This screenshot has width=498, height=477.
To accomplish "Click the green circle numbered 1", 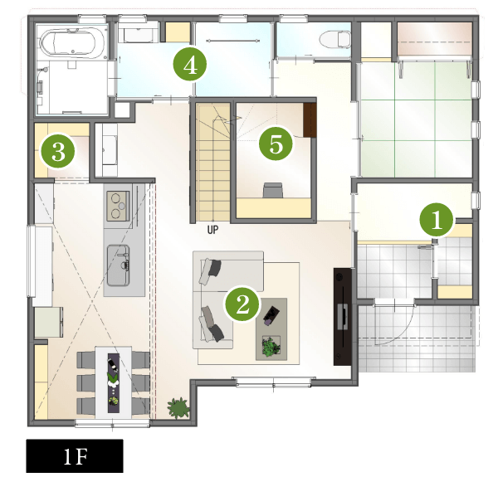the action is click(x=437, y=220).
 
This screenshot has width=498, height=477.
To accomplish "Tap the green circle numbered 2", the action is click(x=242, y=304).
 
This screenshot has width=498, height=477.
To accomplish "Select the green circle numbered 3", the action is click(x=58, y=151).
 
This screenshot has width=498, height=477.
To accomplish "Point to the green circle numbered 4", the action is click(x=190, y=65).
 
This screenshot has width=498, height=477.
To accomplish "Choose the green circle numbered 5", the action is click(x=276, y=144).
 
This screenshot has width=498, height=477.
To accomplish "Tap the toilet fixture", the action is click(x=335, y=40).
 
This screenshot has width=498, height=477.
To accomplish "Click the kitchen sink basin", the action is click(x=118, y=265).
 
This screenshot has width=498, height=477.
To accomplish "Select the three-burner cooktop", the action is click(x=118, y=206).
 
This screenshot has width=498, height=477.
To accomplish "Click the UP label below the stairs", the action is click(x=212, y=230).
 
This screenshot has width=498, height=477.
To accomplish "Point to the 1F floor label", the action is click(x=75, y=456).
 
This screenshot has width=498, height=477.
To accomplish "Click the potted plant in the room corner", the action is click(x=178, y=407).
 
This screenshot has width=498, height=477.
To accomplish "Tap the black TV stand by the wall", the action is click(x=342, y=316).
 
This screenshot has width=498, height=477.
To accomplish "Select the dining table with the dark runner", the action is click(x=114, y=382).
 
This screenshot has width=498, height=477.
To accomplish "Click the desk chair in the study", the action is click(x=273, y=190).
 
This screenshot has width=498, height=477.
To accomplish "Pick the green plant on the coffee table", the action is click(x=271, y=346).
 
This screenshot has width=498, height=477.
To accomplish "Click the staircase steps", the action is click(x=212, y=162).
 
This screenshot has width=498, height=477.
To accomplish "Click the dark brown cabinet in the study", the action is click(x=310, y=119).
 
